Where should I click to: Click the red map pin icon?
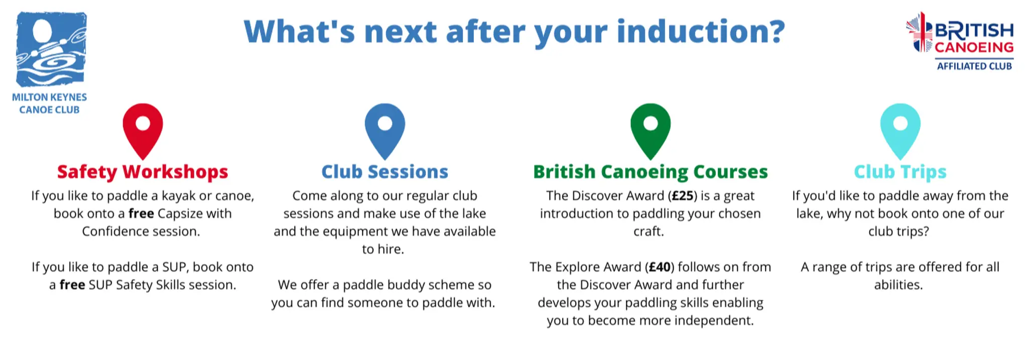coord(143,130)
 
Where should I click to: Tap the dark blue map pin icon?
coord(384,130)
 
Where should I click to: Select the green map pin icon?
coord(650,130)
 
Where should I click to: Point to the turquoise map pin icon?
coord(900,130)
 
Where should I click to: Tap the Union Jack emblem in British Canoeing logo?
coord(919,33)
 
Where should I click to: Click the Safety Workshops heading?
coord(143,172)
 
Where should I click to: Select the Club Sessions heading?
coord(384,172)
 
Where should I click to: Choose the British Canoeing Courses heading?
coord(650,172)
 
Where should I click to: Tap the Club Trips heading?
coord(900,172)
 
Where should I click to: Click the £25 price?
coord(683,196)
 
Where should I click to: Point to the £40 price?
coord(660,267)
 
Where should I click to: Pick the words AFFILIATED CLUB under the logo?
coord(974,66)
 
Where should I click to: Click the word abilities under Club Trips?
coord(898,285)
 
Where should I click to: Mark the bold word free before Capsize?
coord(141,214)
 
